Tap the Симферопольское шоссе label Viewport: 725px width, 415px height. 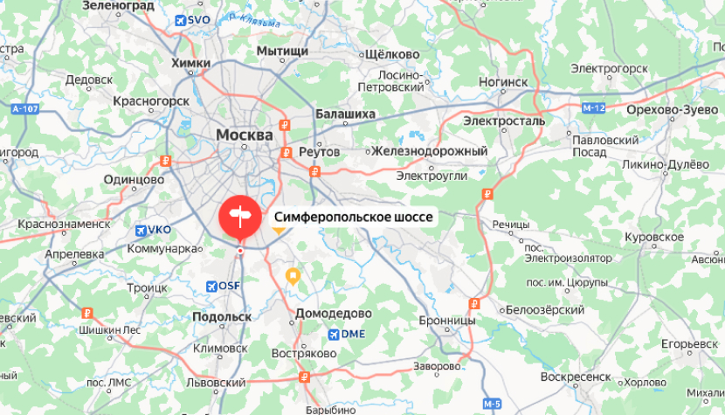coord(354,217)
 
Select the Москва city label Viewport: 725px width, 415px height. coord(244,135)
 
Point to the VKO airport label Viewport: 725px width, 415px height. coord(153,230)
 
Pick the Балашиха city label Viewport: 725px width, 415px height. coord(345,114)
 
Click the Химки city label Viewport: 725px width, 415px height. coord(191,63)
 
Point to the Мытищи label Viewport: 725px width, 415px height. coord(282,52)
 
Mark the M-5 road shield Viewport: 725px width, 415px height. coord(493,403)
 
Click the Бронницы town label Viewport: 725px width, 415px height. coord(447,321)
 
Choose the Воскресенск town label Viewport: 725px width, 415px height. coord(576,377)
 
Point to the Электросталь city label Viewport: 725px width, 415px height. coord(504,121)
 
